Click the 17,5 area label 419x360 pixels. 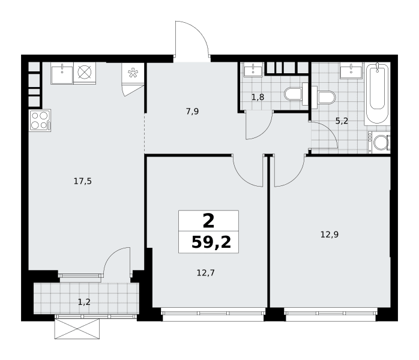click(x=83, y=182)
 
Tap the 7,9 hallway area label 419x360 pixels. click(x=192, y=112)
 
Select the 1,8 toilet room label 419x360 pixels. click(x=258, y=97)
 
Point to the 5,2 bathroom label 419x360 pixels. click(x=342, y=121)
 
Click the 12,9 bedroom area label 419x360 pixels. click(x=330, y=235)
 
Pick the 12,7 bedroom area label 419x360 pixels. click(x=206, y=273)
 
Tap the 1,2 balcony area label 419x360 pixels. click(x=84, y=302)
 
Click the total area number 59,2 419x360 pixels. click(x=211, y=242)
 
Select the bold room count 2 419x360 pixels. click(x=208, y=221)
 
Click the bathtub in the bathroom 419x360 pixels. click(x=377, y=94)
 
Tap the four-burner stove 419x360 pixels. click(x=40, y=121)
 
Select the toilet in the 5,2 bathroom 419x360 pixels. click(x=324, y=97)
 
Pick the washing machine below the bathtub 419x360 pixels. click(x=379, y=142)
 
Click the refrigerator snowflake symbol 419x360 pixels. click(x=133, y=73)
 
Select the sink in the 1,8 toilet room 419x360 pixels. click(x=253, y=70)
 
